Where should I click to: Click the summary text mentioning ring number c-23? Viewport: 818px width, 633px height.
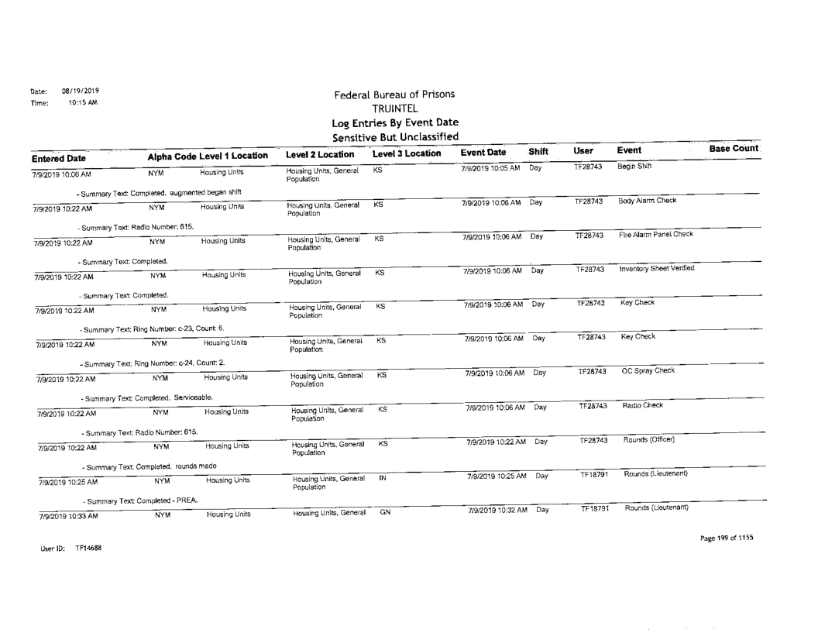click(153, 329)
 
